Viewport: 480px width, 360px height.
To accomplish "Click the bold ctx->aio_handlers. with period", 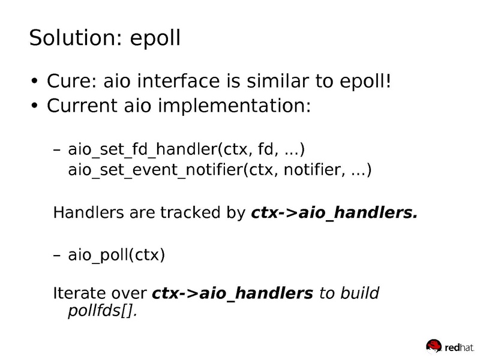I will [332, 212].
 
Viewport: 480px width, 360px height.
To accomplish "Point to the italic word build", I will [359, 294].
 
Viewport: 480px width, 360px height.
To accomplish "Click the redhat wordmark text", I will [459, 346].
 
